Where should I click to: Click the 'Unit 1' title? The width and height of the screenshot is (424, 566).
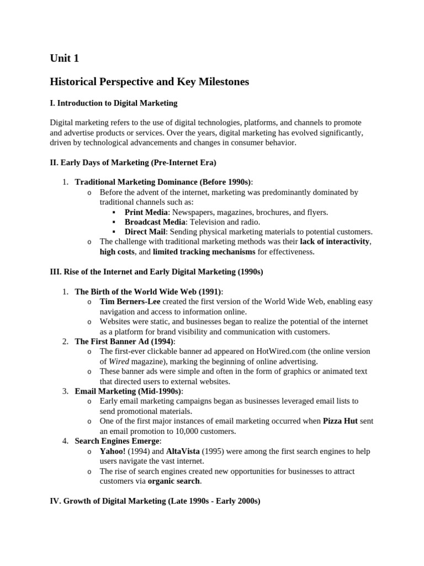(x=68, y=57)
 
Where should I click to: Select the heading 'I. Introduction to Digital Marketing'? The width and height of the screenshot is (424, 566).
(x=114, y=103)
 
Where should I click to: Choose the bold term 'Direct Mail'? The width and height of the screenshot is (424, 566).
(x=145, y=232)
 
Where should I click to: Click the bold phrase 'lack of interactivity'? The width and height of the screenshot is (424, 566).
(x=335, y=242)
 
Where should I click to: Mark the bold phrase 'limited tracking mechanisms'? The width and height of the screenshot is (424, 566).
(x=204, y=252)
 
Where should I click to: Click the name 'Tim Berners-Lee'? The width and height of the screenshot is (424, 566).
(x=130, y=302)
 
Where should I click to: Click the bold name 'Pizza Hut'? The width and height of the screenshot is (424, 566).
(x=341, y=421)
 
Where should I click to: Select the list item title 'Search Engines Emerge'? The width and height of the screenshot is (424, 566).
(x=118, y=441)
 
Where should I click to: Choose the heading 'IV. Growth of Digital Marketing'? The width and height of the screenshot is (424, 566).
(x=155, y=501)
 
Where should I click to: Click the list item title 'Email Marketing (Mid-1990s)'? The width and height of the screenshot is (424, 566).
(x=128, y=391)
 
